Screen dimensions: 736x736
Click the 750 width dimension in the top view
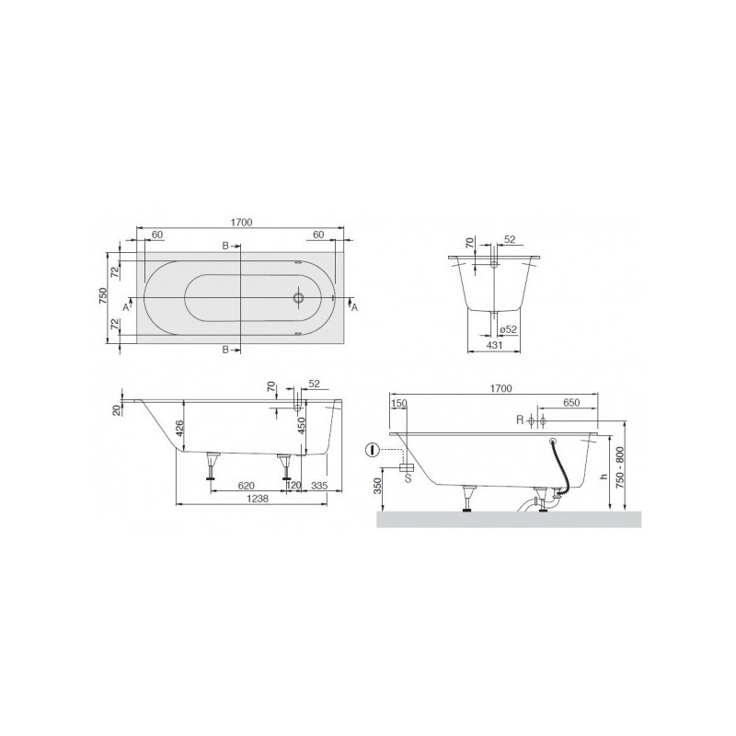click(103, 296)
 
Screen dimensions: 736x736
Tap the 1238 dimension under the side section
click(258, 498)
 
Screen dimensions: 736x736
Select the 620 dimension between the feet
click(247, 486)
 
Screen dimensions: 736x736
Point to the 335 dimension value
click(319, 486)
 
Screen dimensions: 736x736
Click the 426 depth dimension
click(178, 429)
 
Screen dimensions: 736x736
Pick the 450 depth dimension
click(302, 425)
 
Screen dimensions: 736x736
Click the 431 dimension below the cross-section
click(494, 345)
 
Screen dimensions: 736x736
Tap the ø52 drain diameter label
click(508, 329)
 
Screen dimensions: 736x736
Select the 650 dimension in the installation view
click(571, 402)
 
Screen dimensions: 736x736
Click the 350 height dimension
click(378, 487)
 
